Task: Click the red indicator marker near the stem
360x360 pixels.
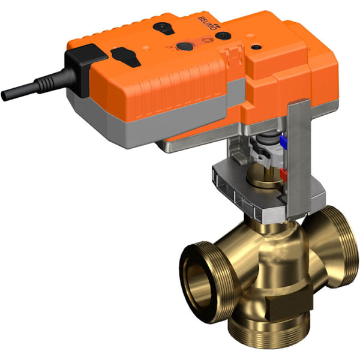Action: [284, 174]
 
